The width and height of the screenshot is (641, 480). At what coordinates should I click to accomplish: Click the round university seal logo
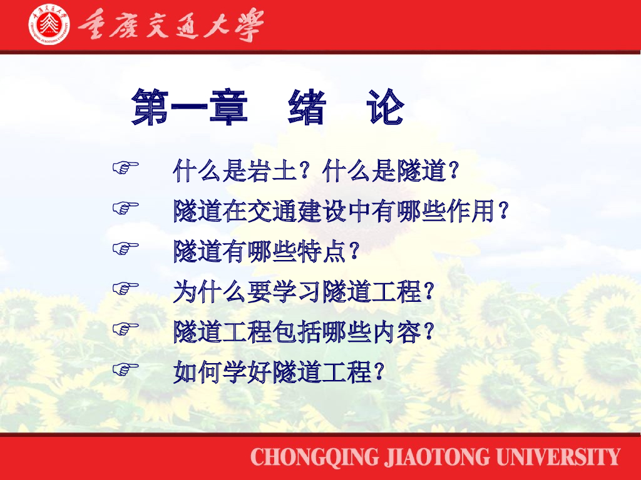[49, 25]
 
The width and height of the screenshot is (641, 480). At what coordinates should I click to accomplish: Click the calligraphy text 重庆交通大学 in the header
[170, 25]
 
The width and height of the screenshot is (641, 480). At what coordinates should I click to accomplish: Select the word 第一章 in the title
[190, 107]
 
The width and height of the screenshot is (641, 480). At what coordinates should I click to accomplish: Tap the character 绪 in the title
[307, 107]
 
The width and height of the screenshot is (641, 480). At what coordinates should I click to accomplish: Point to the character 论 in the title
[386, 107]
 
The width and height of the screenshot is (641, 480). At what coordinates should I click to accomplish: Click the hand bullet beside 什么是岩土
[125, 167]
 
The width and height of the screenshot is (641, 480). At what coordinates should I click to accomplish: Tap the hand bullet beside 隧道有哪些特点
[125, 248]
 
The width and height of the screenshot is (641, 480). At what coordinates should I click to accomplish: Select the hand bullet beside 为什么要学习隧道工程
[125, 289]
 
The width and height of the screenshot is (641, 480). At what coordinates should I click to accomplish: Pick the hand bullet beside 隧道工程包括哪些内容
[125, 329]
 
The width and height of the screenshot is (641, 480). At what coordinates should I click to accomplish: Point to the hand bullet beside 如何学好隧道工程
[125, 369]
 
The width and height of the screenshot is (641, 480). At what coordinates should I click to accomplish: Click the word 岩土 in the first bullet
[272, 171]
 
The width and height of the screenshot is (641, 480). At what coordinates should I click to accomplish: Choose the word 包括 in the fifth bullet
[297, 332]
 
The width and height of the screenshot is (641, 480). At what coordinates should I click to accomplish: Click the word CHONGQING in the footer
[315, 457]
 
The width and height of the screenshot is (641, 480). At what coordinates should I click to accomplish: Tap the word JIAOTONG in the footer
[437, 457]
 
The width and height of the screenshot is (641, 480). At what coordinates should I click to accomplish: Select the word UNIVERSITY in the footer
[558, 457]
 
